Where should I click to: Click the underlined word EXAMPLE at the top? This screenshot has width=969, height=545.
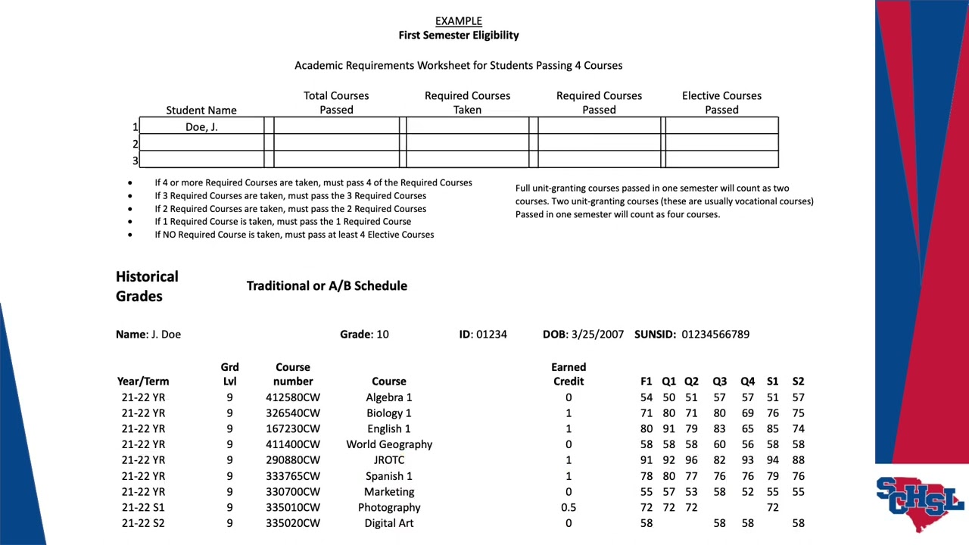[x=458, y=21]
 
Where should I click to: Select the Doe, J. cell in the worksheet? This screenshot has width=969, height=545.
[x=201, y=127]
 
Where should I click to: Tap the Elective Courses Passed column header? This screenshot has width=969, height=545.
[x=721, y=103]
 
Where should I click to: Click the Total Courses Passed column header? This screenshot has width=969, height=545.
[x=336, y=103]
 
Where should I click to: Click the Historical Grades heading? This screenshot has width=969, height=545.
[x=147, y=286]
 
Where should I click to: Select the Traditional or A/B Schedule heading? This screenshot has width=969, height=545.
[x=326, y=285]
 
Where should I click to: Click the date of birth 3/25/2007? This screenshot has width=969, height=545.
[x=597, y=334]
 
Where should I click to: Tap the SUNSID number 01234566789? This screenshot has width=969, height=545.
[x=715, y=334]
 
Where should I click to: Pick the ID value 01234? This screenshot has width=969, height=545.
[x=491, y=334]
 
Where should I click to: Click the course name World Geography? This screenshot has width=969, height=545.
[x=389, y=444]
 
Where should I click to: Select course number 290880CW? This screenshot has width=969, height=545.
[x=293, y=460]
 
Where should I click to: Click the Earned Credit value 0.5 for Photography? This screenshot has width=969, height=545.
[x=569, y=507]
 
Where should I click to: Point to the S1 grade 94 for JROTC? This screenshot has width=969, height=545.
[x=772, y=460]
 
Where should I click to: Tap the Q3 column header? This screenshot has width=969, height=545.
[x=719, y=381]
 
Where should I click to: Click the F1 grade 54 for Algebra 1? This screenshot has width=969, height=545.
[x=646, y=397]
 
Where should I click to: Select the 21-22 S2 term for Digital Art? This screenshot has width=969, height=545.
[x=143, y=523]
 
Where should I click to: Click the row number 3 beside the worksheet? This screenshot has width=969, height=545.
[x=136, y=160]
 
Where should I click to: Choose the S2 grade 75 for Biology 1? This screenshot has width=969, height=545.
[x=798, y=413]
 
